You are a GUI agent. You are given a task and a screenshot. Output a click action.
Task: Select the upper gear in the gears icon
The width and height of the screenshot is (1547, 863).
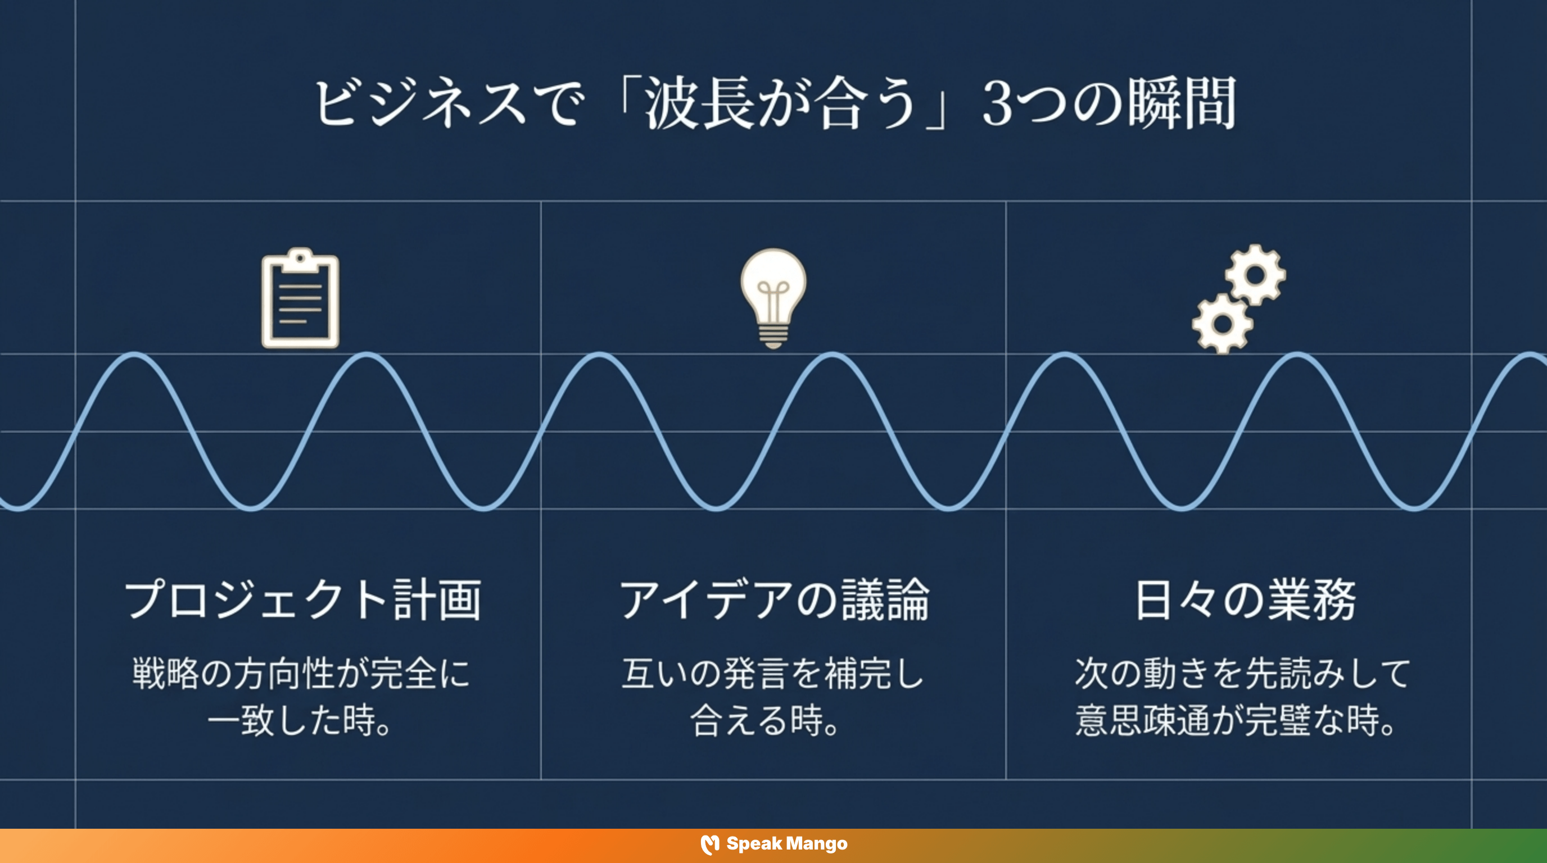(x=1255, y=275)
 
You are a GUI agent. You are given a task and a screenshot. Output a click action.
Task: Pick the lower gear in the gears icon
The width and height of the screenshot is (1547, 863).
(x=1222, y=324)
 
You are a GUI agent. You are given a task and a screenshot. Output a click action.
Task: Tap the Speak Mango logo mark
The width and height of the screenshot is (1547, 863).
(x=710, y=844)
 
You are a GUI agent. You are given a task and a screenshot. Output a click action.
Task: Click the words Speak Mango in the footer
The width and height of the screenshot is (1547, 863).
(x=787, y=844)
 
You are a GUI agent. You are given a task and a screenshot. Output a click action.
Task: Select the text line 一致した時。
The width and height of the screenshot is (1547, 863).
(x=300, y=720)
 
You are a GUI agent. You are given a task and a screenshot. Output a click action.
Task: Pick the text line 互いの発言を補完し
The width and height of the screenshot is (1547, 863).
(x=773, y=673)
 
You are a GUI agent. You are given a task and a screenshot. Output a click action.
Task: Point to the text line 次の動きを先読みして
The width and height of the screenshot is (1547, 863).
(x=1242, y=673)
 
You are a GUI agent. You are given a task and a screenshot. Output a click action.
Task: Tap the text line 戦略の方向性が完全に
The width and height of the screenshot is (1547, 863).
(x=301, y=673)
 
